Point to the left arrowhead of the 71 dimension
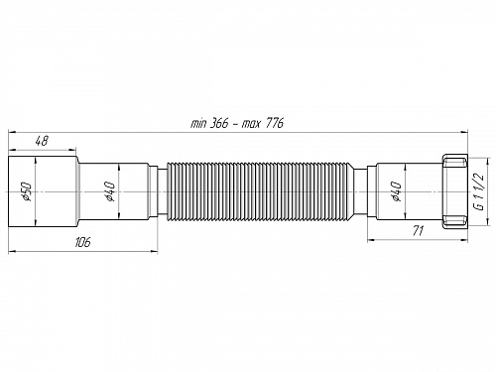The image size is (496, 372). (x=371, y=238)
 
